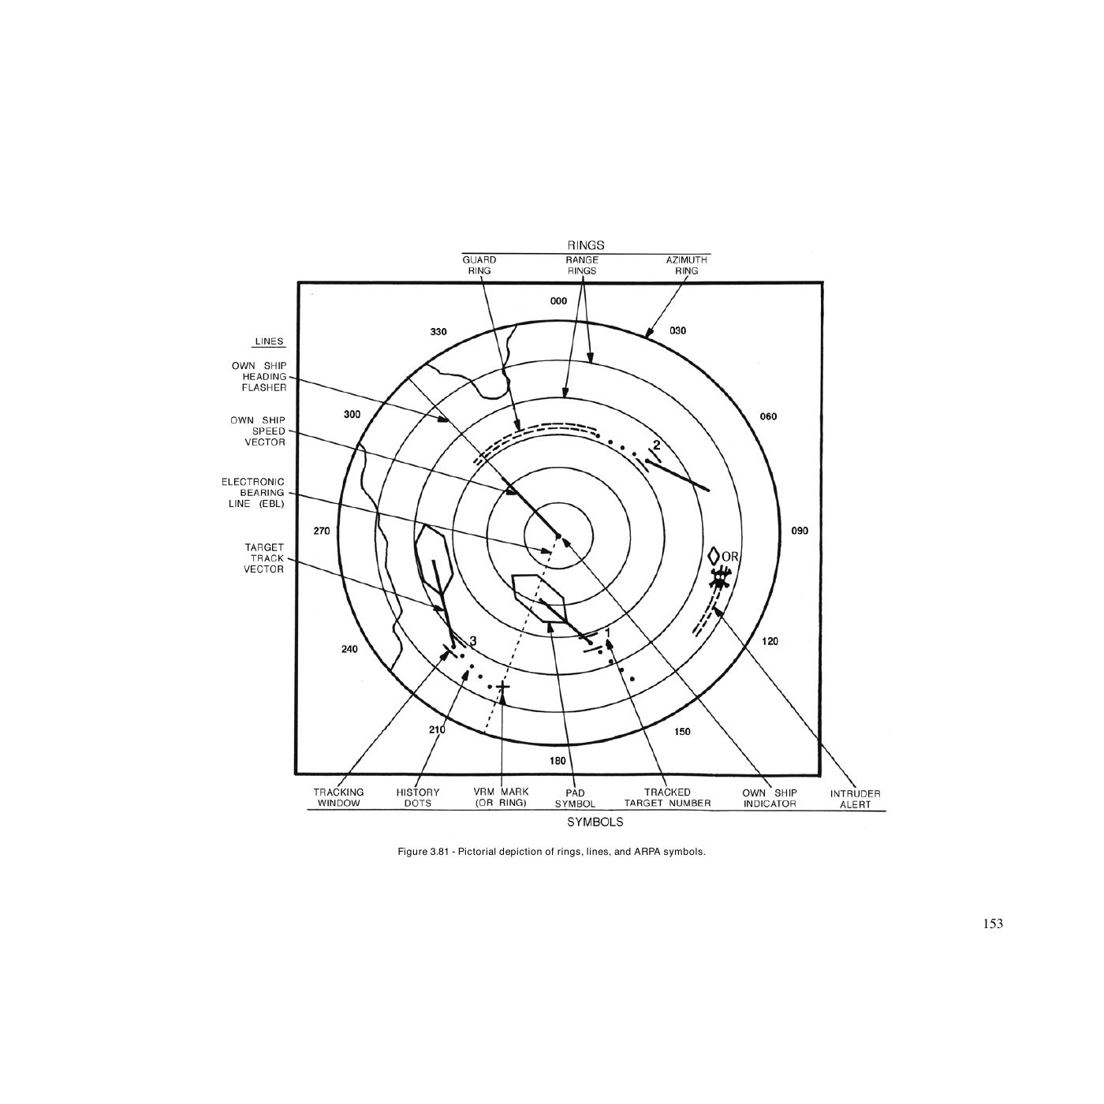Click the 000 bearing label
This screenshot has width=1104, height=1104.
click(558, 300)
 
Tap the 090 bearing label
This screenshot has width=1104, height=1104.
click(799, 531)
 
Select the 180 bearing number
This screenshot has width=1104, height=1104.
click(558, 761)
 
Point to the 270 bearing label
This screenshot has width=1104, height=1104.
click(322, 531)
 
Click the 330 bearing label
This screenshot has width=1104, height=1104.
click(438, 332)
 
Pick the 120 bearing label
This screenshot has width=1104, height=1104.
click(770, 642)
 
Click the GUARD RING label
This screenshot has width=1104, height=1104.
click(479, 265)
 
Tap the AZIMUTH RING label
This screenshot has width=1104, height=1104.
click(686, 265)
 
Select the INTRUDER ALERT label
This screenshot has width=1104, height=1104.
click(856, 799)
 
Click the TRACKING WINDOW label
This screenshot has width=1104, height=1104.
click(338, 797)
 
